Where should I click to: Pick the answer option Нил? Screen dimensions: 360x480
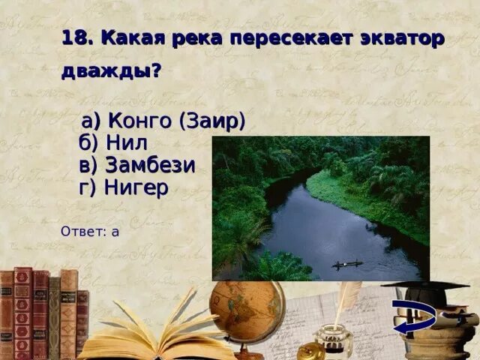click(x=112, y=142)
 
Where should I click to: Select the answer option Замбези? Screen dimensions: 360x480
click(x=136, y=165)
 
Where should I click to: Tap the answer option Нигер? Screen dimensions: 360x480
click(x=123, y=187)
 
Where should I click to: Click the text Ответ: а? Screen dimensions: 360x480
click(x=90, y=231)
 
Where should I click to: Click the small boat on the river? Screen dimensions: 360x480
click(x=346, y=264)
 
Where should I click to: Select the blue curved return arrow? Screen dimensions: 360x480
click(x=414, y=319)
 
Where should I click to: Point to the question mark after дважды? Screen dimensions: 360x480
click(x=156, y=73)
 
